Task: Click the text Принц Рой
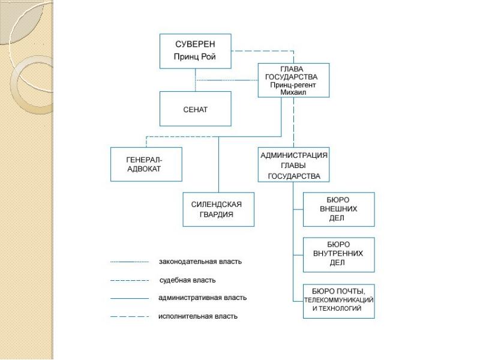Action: (194, 56)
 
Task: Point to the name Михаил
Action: (293, 92)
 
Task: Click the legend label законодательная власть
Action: (200, 262)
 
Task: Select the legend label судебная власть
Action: (187, 280)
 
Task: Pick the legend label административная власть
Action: (202, 298)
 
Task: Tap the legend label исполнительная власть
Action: (198, 316)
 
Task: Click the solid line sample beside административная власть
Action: (130, 298)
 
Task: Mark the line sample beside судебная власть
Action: (130, 280)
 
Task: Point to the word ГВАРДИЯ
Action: (217, 214)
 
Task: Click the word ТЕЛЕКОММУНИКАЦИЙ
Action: (338, 300)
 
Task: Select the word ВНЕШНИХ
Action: (338, 209)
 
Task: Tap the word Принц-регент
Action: (293, 85)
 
